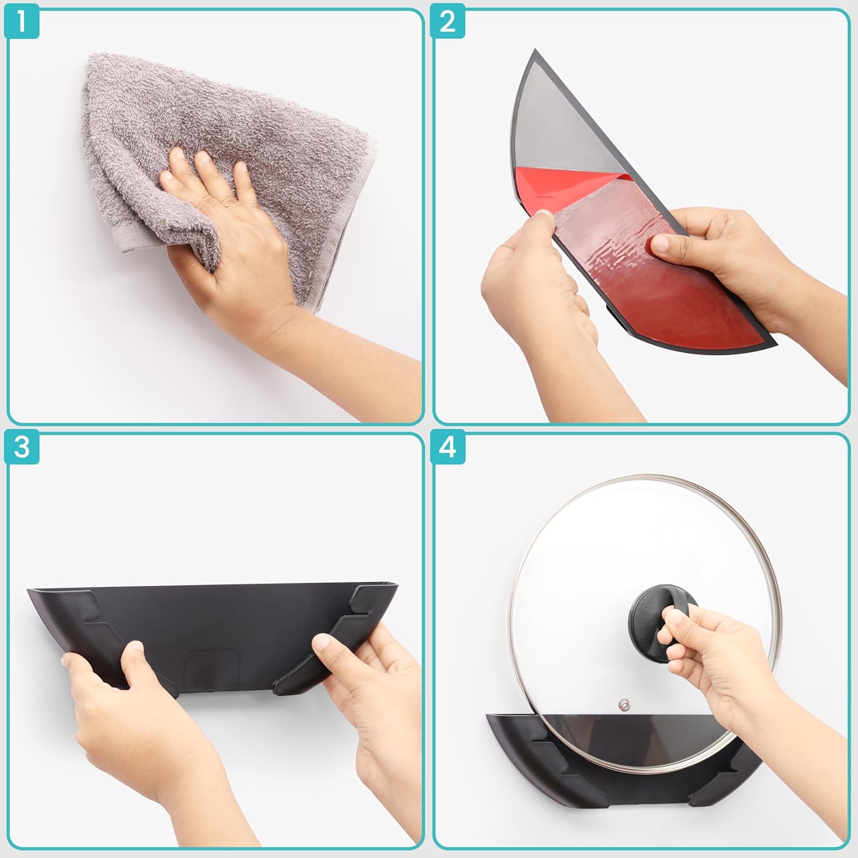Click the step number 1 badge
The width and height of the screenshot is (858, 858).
click(x=21, y=22)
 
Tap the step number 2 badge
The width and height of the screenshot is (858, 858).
click(x=448, y=22)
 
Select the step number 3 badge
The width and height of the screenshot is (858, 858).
click(x=21, y=447)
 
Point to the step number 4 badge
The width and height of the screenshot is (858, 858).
click(x=448, y=447)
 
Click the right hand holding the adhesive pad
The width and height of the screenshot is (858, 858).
click(x=744, y=257)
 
